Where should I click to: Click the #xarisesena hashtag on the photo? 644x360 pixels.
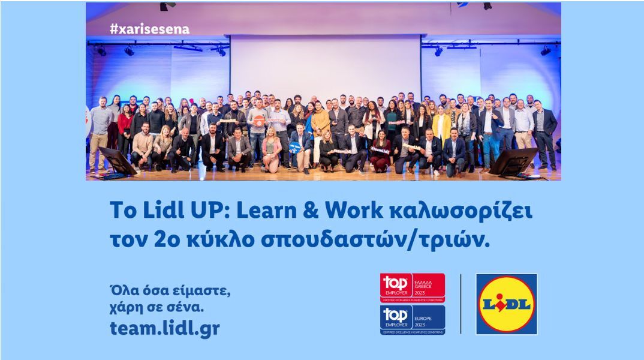pyautogui.click(x=149, y=29)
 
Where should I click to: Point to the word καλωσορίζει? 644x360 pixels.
pyautogui.click(x=462, y=211)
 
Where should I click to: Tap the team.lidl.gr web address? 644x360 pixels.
pyautogui.click(x=165, y=328)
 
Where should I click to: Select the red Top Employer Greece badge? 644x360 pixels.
pyautogui.click(x=413, y=288)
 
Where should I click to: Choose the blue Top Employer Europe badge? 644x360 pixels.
pyautogui.click(x=413, y=319)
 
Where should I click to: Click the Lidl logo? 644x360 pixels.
pyautogui.click(x=507, y=304)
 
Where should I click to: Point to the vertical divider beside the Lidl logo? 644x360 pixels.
pyautogui.click(x=461, y=304)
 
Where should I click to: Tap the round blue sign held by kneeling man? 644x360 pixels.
pyautogui.click(x=296, y=146)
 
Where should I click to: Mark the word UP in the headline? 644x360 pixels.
pyautogui.click(x=213, y=211)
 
